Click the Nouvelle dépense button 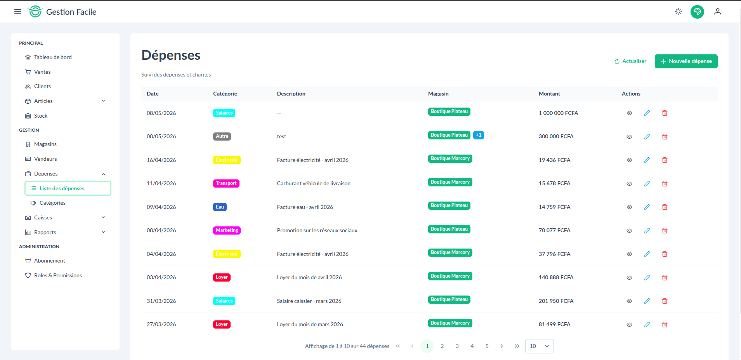(686, 61)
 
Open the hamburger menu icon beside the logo (17, 12)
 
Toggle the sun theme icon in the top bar (678, 12)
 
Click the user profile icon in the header (718, 12)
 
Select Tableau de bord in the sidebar (53, 57)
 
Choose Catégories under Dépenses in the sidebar (52, 203)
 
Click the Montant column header (549, 94)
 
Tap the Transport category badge (226, 183)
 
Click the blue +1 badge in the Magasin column (479, 135)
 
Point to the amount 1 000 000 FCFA (558, 113)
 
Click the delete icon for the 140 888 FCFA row (665, 277)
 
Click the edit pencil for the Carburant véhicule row (647, 183)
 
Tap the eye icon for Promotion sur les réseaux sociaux (629, 231)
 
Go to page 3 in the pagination (457, 346)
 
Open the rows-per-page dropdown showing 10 (540, 346)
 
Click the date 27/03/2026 (161, 324)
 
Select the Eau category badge (220, 207)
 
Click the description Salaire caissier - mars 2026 (309, 301)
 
